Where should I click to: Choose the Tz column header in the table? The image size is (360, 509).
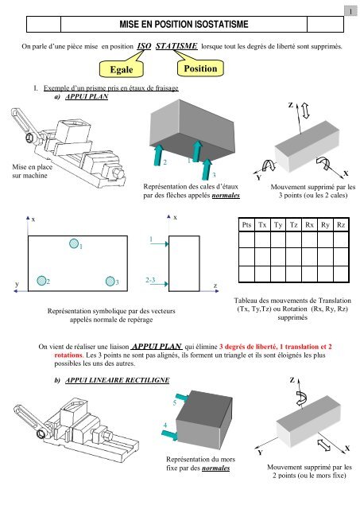(295, 226)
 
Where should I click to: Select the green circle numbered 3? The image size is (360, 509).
(111, 282)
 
